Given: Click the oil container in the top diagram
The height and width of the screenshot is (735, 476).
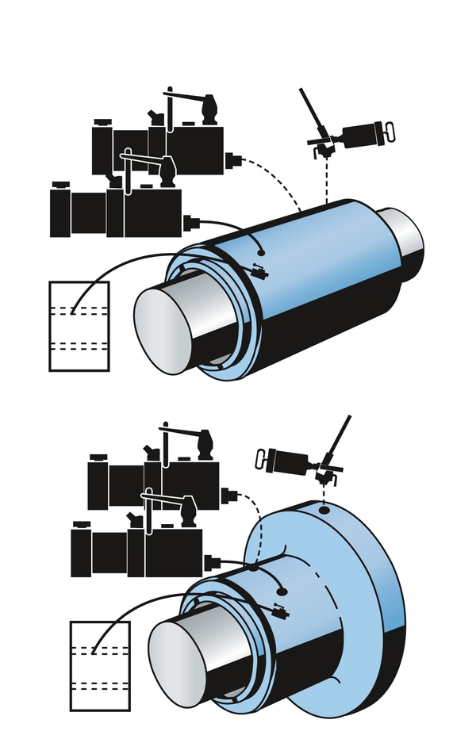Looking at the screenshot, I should coord(79,326).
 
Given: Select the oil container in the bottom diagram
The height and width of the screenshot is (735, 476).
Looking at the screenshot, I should coord(99,666).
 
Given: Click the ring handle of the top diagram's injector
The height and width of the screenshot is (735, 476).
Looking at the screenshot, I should coord(388,132).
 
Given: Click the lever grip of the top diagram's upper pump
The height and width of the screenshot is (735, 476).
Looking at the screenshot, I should coord(209,108).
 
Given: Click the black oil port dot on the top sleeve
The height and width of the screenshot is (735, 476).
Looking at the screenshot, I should coord(261,253).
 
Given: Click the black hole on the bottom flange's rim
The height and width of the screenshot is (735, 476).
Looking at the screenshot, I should coord(324,511).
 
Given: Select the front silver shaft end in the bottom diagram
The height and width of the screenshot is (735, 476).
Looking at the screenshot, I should coord(178,663).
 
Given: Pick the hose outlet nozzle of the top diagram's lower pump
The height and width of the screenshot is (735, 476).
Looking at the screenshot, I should coord(191,223).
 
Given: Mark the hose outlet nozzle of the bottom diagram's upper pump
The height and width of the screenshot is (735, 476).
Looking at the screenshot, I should coord(229,496).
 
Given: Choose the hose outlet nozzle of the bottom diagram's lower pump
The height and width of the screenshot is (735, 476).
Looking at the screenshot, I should coord(212,563).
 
